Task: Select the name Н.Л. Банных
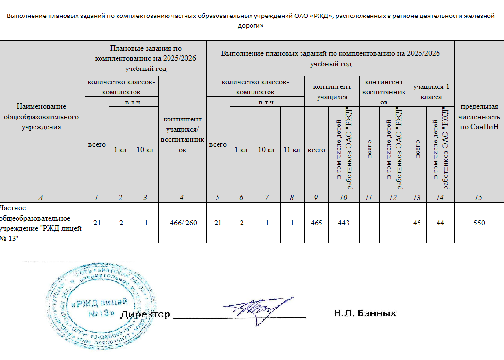point(365,313)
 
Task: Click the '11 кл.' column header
point(292,150)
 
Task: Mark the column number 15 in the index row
point(479,198)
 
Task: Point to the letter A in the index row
point(41,198)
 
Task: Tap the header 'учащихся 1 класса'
point(431,91)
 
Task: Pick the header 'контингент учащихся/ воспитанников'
point(182,134)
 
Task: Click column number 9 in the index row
point(317,198)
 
